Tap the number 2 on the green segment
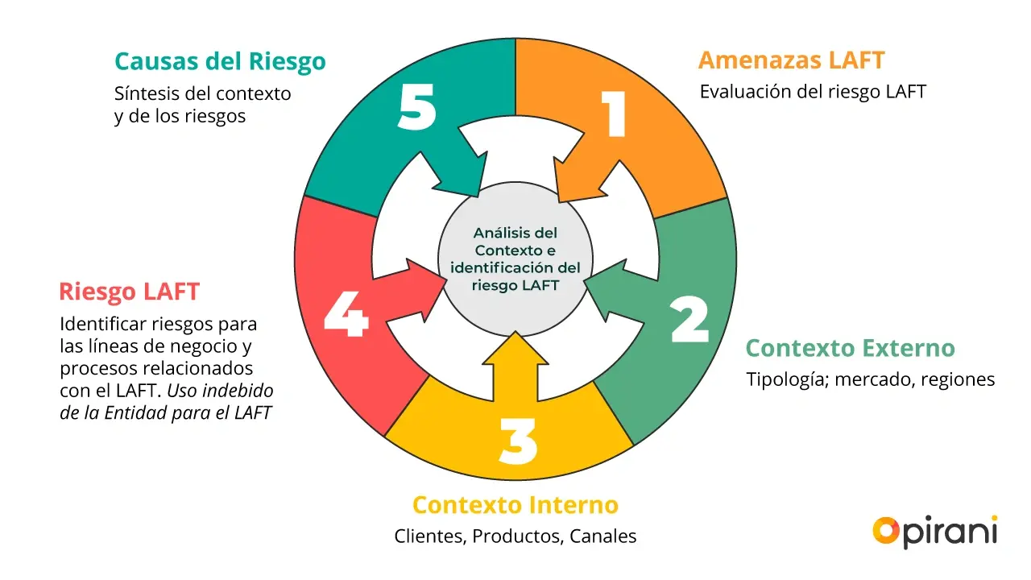[689, 321]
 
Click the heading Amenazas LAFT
[791, 60]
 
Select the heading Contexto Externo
[850, 349]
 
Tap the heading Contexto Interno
[515, 505]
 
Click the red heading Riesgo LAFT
[129, 292]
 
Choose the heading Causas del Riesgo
[220, 62]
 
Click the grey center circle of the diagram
[515, 259]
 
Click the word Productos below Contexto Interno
[517, 536]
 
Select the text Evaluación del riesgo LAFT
[813, 91]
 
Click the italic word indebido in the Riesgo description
[234, 391]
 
